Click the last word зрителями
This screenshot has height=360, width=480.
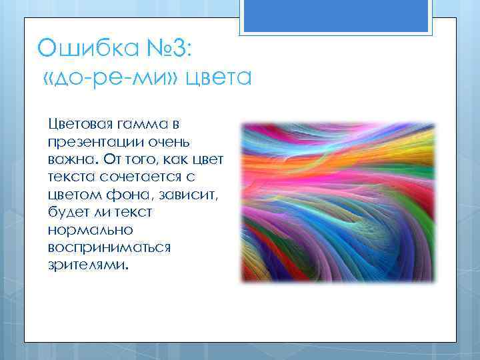[87, 265]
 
